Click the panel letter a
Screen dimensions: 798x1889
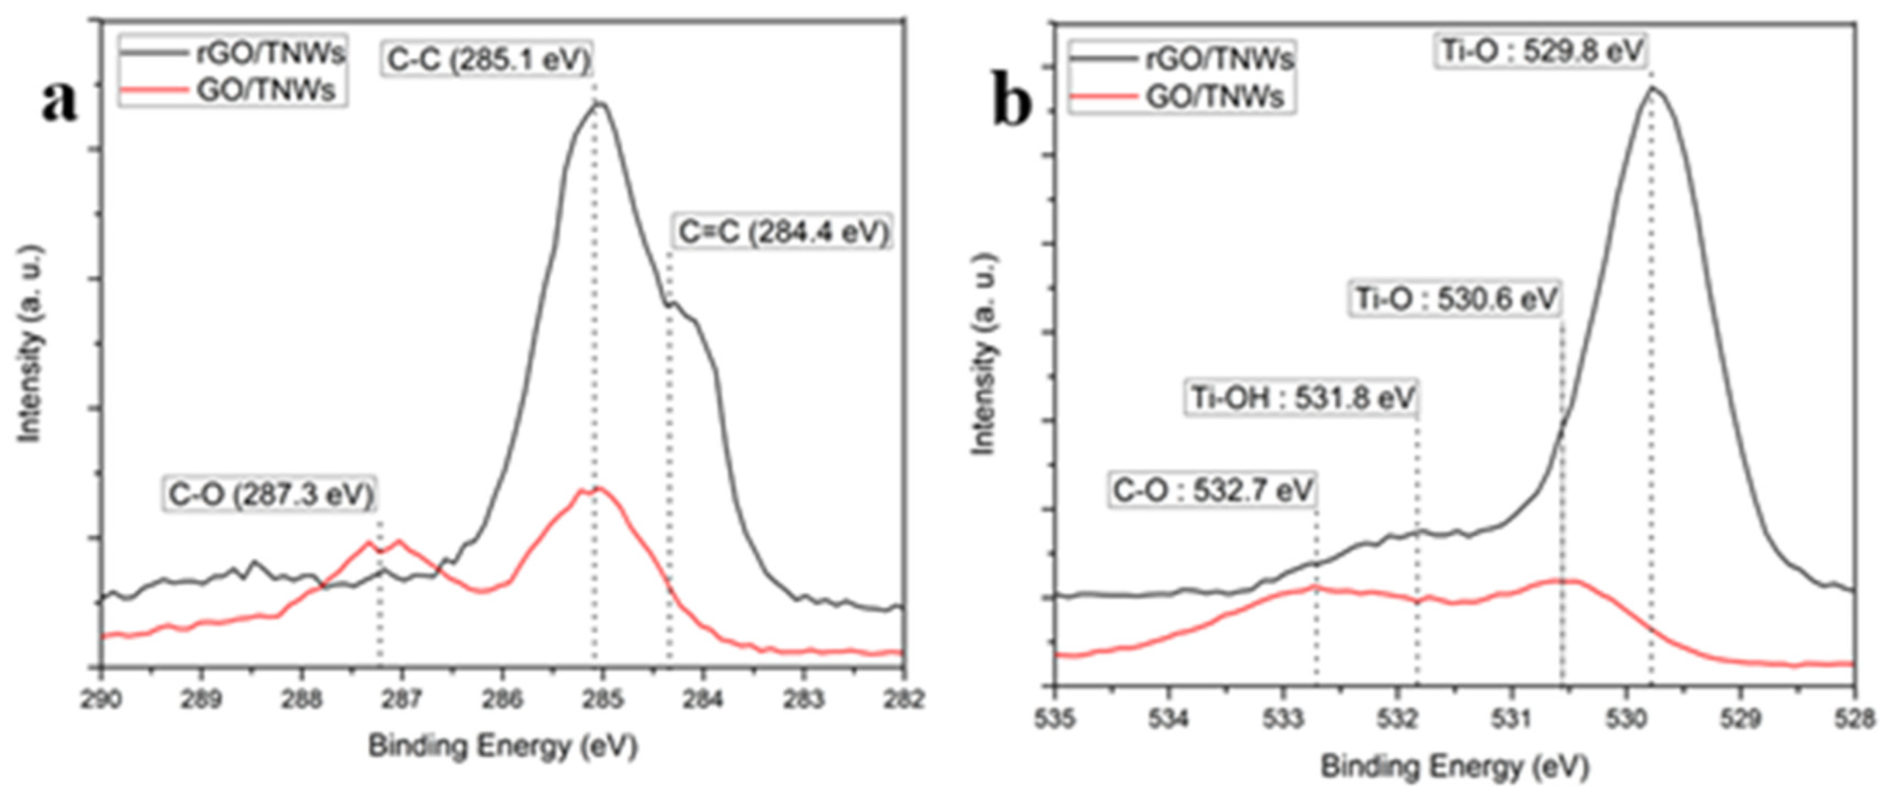[x=59, y=101]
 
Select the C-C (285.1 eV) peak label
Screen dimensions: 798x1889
[x=488, y=60]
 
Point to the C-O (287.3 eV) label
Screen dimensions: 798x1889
[x=270, y=495]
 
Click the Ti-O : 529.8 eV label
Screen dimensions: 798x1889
[x=1540, y=51]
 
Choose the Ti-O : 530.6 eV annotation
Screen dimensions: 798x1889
[x=1455, y=298]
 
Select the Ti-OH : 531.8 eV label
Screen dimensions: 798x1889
[x=1302, y=397]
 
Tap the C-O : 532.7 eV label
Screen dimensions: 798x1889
[x=1212, y=490]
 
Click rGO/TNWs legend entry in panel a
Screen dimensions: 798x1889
[x=269, y=54]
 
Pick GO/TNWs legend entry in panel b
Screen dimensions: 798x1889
[x=1214, y=97]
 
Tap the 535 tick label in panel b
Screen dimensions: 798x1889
[x=1054, y=719]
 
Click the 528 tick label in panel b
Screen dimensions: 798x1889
[x=1854, y=719]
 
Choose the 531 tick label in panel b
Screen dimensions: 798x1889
[x=1511, y=719]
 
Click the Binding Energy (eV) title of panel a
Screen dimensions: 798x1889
[x=502, y=745]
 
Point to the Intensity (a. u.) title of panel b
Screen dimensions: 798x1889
[x=983, y=354]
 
